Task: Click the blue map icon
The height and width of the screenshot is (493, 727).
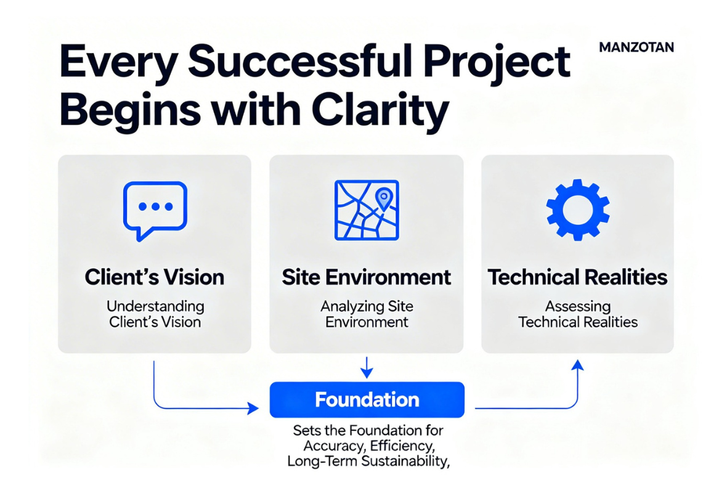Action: [366, 210]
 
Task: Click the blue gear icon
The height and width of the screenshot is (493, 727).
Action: [577, 210]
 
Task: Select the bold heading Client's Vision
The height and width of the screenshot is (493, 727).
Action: [154, 277]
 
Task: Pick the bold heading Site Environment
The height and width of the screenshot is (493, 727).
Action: [366, 277]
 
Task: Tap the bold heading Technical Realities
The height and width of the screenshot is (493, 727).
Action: [577, 277]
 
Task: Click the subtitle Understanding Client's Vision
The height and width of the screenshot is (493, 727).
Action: [155, 314]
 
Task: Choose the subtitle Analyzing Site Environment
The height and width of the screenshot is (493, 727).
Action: [366, 314]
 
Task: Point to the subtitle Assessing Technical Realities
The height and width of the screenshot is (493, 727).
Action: [577, 314]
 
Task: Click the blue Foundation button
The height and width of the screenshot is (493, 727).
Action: [367, 399]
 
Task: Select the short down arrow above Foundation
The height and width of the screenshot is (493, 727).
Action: [367, 367]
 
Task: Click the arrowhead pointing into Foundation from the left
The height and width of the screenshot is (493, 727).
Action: [253, 408]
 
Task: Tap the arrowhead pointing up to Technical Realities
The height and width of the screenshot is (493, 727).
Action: [577, 365]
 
